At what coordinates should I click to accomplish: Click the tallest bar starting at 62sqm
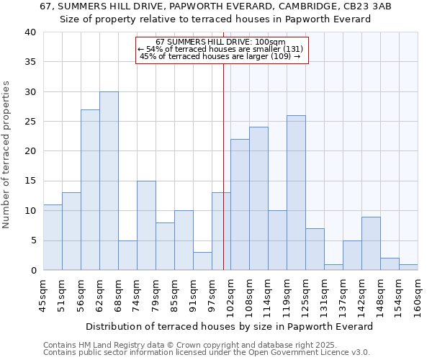(109, 181)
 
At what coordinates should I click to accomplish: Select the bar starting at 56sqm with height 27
(90, 190)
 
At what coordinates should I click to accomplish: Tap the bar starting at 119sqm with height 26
(296, 193)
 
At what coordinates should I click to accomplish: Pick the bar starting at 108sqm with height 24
(258, 199)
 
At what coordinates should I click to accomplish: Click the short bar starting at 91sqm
(202, 261)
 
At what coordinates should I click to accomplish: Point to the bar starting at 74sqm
(146, 225)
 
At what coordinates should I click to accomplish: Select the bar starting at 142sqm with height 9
(371, 243)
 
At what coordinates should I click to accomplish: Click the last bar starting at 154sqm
(408, 267)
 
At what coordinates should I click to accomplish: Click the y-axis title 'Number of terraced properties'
(6, 154)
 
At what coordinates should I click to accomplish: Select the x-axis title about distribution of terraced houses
(230, 326)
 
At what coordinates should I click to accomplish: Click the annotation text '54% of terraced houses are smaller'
(220, 49)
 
